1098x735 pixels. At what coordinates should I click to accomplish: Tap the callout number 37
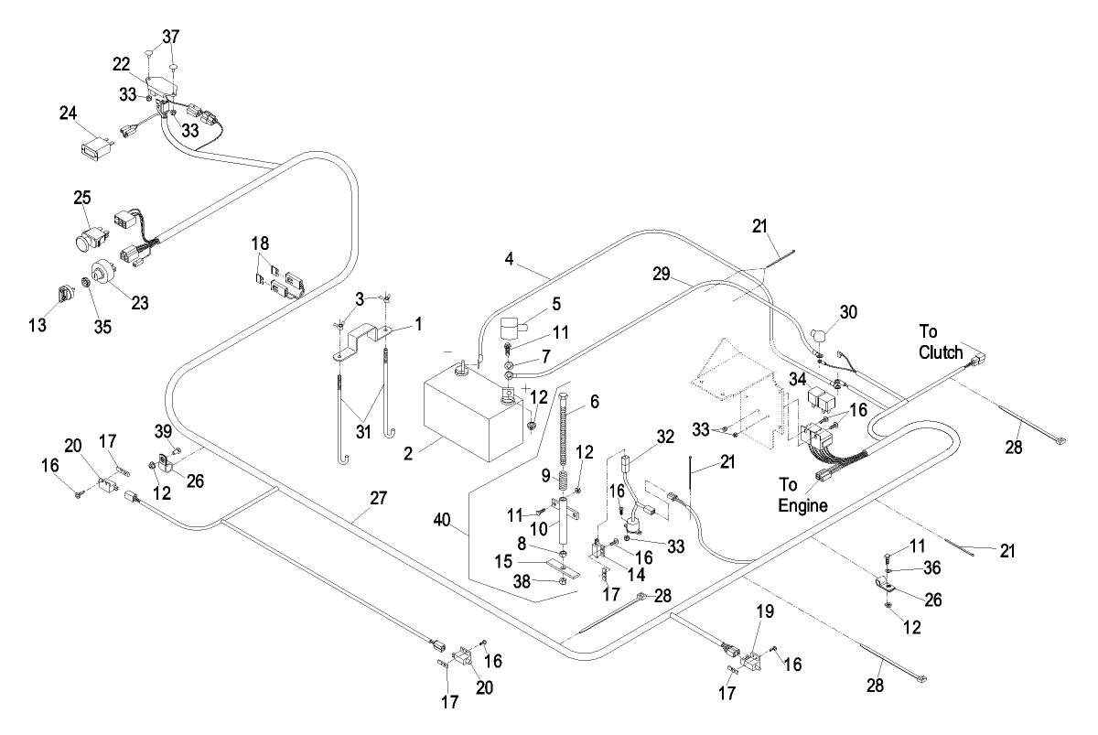[171, 37]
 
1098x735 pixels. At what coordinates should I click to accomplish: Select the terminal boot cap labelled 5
[517, 328]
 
